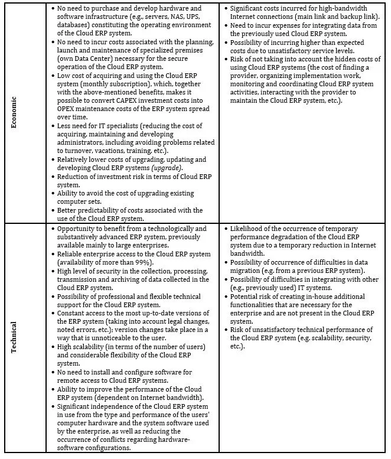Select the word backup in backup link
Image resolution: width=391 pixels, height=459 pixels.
click(x=332, y=18)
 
